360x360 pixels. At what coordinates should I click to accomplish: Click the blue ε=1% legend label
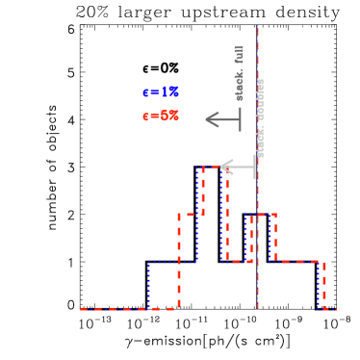click(x=161, y=92)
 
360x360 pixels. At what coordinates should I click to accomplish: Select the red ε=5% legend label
click(x=161, y=116)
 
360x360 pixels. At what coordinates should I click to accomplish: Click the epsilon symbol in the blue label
click(x=146, y=93)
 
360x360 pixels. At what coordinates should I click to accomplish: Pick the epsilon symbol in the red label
click(x=146, y=116)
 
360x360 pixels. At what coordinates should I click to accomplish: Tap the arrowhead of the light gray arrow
click(x=225, y=167)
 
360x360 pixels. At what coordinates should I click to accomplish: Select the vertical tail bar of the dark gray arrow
click(x=240, y=119)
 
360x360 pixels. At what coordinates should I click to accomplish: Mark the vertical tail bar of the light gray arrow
click(x=255, y=167)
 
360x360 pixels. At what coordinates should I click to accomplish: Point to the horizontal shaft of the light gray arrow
click(x=241, y=167)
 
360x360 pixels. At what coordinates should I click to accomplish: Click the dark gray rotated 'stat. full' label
click(x=240, y=73)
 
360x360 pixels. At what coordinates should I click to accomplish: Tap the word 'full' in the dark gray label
click(x=240, y=54)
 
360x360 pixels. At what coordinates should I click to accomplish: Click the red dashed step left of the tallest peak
click(x=191, y=215)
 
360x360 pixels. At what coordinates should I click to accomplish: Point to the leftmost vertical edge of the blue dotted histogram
click(x=149, y=285)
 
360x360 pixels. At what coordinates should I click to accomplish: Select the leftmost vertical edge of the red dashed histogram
click(x=179, y=260)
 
